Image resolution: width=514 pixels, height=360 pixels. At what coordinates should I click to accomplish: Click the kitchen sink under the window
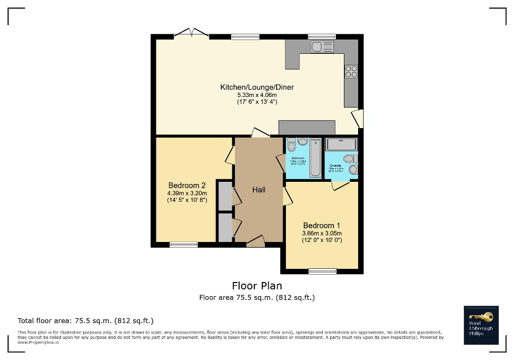click(x=322, y=47)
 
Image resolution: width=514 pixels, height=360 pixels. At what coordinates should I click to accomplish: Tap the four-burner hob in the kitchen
click(x=351, y=71)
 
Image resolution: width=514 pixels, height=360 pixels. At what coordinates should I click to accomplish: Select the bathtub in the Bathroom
click(x=315, y=158)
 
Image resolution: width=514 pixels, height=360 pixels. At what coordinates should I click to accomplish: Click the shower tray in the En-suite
click(x=341, y=144)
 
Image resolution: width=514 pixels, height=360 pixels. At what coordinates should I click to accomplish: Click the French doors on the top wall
click(x=191, y=34)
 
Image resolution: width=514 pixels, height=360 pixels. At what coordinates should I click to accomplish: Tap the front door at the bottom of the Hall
click(x=255, y=241)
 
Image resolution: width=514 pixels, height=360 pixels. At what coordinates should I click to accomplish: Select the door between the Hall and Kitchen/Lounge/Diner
click(x=260, y=133)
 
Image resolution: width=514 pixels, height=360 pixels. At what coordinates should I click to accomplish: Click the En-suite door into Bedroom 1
click(x=340, y=185)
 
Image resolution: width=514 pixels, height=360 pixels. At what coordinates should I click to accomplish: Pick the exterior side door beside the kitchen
click(x=358, y=119)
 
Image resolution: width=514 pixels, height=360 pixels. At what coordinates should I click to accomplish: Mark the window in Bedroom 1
click(x=322, y=271)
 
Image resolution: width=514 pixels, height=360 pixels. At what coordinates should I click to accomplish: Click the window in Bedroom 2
click(x=184, y=245)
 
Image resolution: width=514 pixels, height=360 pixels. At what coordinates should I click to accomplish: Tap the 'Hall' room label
click(x=259, y=190)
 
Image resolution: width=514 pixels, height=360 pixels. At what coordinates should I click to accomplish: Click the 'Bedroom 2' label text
click(x=186, y=185)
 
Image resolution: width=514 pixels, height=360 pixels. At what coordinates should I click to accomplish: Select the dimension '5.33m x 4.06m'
click(x=256, y=95)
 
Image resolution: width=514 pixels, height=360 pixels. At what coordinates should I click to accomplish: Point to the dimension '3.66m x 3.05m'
click(x=322, y=233)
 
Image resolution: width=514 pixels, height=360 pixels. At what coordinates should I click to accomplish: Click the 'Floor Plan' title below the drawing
click(x=256, y=286)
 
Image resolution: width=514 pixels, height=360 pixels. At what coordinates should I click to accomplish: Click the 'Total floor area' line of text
click(x=85, y=320)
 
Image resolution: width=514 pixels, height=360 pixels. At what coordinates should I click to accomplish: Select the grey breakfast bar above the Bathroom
click(x=307, y=128)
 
